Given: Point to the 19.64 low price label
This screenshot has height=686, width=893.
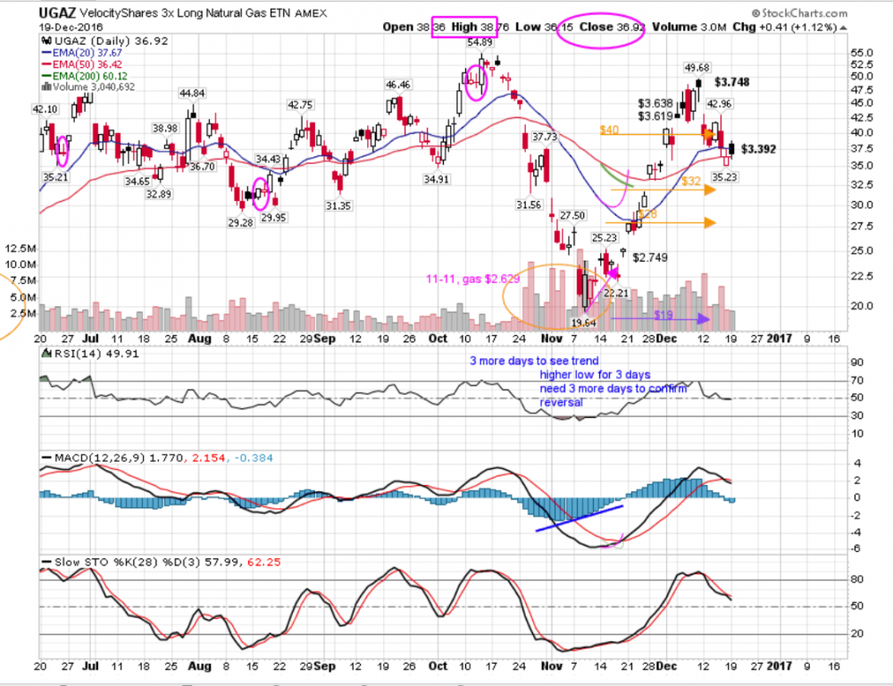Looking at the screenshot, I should pyautogui.click(x=583, y=321).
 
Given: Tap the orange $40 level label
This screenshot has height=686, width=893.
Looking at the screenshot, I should pyautogui.click(x=609, y=130).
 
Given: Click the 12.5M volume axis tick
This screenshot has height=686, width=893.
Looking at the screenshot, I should pyautogui.click(x=21, y=249).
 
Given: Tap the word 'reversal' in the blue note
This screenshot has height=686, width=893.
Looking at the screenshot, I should pyautogui.click(x=562, y=403).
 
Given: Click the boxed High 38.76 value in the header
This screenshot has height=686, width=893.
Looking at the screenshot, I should pyautogui.click(x=478, y=27).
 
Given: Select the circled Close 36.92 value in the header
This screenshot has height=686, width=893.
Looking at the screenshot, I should pyautogui.click(x=613, y=27).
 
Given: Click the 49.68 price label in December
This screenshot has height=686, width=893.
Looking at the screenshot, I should pyautogui.click(x=697, y=68).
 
